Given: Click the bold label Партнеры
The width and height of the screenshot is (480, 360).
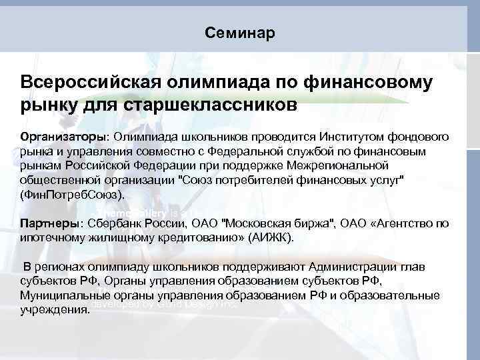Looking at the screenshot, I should pos(49,223).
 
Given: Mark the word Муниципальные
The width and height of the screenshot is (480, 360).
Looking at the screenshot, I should pos(61,295).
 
